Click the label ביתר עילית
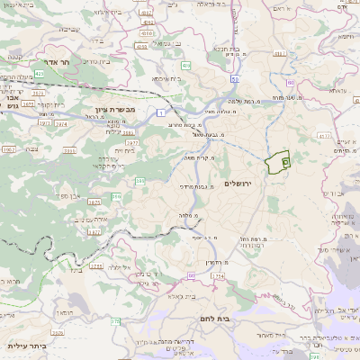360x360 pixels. click(x=26, y=346)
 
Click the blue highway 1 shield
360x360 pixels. click(x=158, y=112)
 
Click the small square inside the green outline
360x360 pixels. click(x=284, y=162)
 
